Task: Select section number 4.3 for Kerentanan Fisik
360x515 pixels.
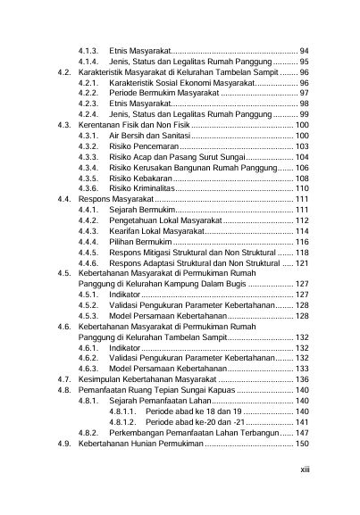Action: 61,126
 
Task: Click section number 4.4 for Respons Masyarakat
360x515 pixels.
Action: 61,200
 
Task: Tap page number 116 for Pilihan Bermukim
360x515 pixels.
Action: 302,242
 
